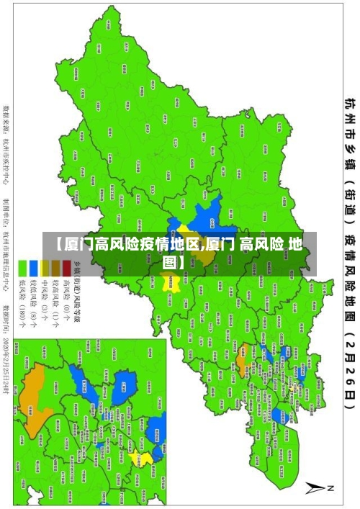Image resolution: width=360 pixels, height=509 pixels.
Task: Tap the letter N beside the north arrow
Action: point(331,488)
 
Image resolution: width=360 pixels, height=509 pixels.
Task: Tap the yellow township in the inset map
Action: point(146,458)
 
